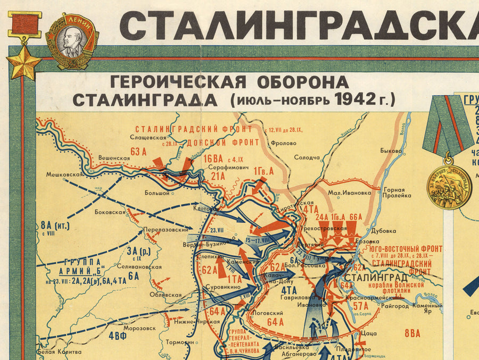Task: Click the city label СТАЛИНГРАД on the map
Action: (x=376, y=277)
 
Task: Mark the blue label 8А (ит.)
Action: (x=54, y=224)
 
